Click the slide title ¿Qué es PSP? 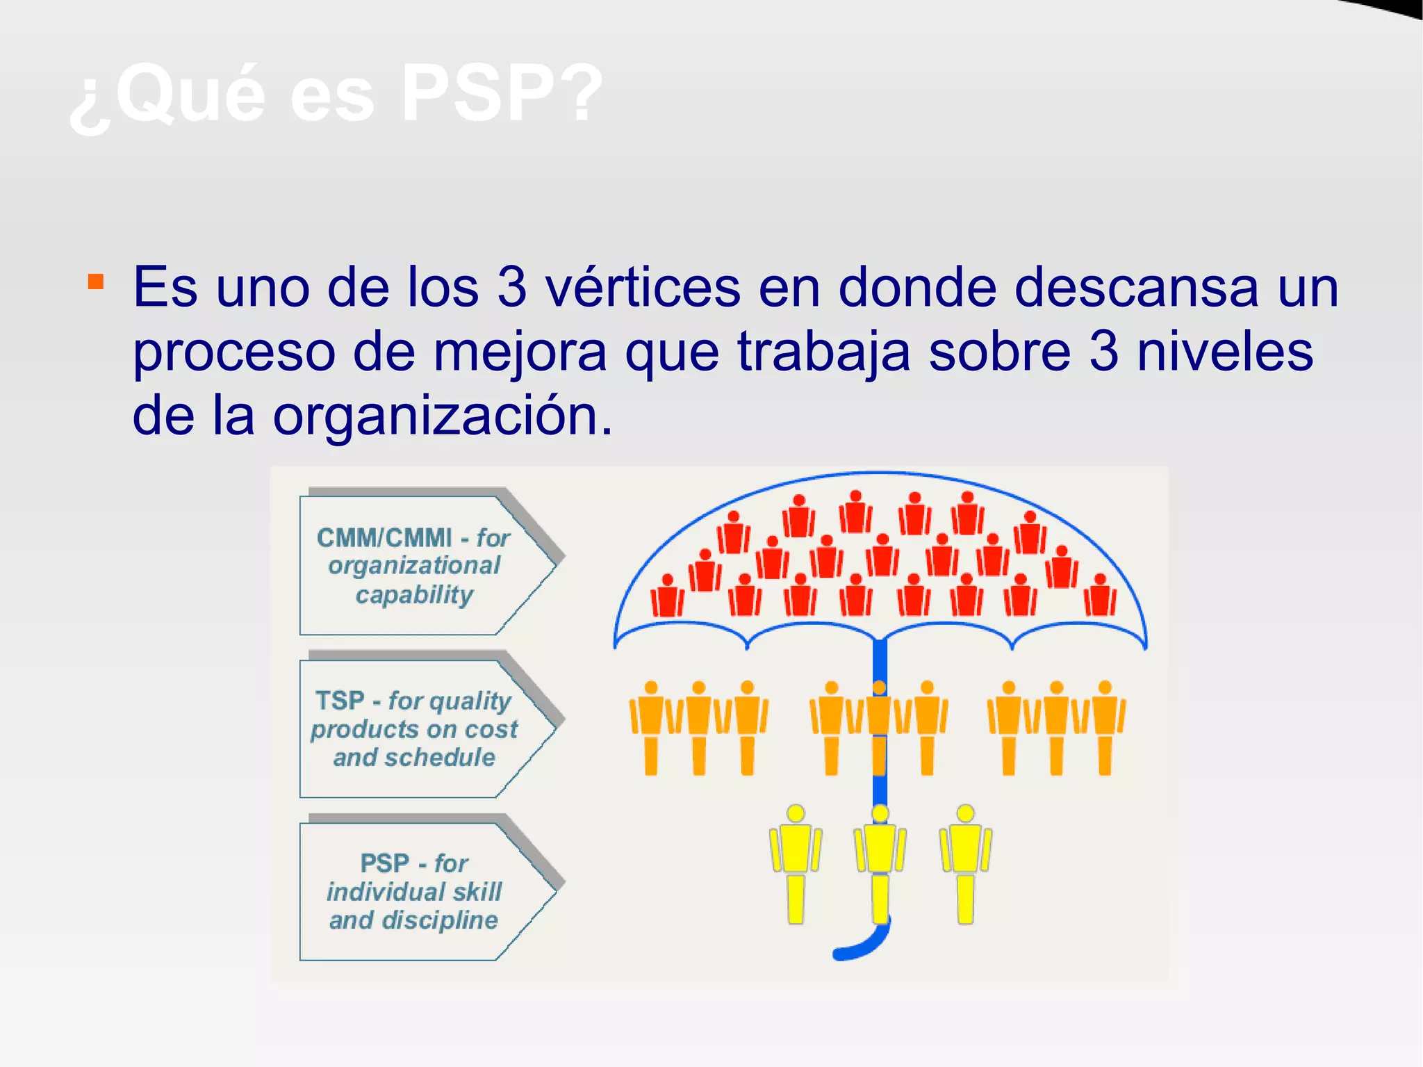(336, 94)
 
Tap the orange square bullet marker (96, 282)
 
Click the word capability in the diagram (415, 595)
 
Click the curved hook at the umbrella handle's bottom (862, 947)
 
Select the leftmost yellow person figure (796, 862)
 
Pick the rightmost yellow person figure (965, 862)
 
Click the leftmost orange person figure (651, 726)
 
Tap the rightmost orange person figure (1105, 726)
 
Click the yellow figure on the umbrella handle (880, 862)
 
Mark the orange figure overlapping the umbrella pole (879, 726)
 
